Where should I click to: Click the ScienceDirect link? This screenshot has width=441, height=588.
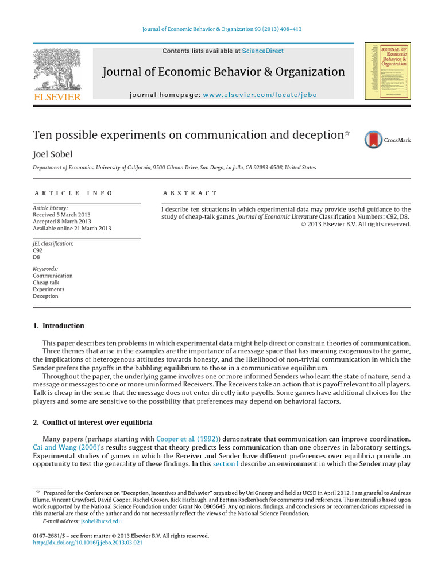click(262, 51)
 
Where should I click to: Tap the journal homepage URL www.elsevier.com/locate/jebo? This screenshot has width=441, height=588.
click(260, 95)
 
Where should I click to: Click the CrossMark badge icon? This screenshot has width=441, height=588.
click(374, 140)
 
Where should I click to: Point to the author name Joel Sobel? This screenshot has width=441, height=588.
click(53, 154)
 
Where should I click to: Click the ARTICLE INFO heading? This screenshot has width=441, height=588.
click(73, 194)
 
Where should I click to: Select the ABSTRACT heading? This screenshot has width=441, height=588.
click(190, 194)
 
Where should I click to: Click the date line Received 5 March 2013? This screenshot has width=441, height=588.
click(61, 215)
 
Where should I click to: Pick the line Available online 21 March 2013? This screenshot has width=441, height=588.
click(72, 229)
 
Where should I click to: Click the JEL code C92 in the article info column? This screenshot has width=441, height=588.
click(38, 250)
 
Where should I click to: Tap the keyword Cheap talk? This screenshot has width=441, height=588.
click(46, 283)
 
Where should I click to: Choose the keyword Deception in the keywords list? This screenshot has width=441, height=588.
click(45, 296)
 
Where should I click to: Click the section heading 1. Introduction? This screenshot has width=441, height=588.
click(59, 326)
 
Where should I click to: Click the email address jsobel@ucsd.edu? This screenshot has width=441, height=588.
click(101, 521)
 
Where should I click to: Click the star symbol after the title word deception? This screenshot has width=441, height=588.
click(346, 133)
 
